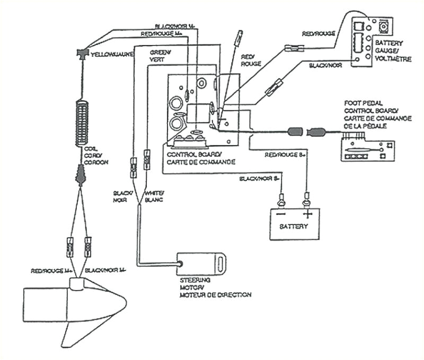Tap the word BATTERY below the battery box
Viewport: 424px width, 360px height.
click(294, 227)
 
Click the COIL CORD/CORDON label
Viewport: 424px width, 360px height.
click(96, 156)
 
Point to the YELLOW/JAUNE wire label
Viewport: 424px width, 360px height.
click(111, 55)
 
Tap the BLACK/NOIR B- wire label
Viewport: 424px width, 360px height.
click(260, 179)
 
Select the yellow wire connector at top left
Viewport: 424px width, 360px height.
click(82, 52)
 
